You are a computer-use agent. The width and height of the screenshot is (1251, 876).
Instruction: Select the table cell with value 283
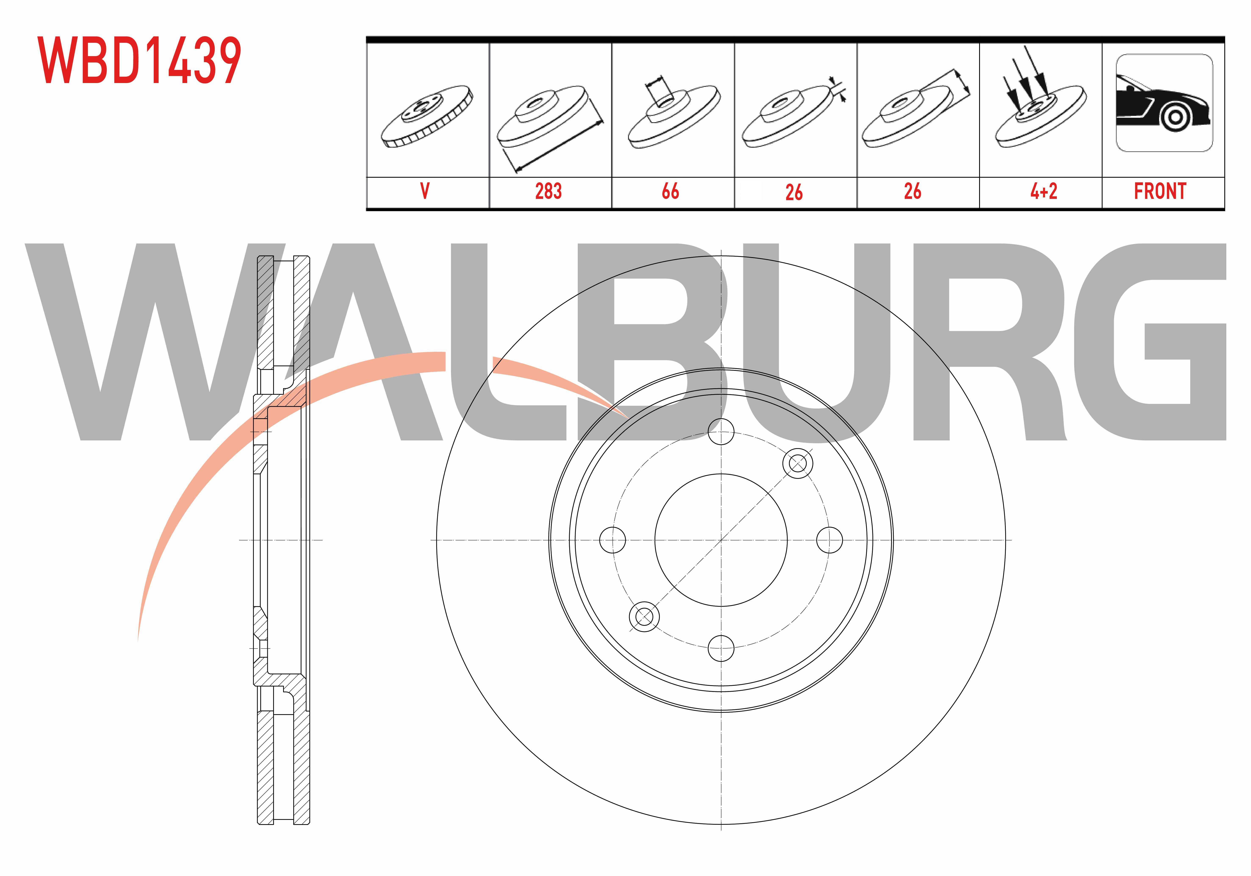point(548,191)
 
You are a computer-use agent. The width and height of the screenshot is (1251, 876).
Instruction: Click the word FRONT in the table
point(1160,191)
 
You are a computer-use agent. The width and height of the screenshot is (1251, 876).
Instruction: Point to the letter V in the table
point(425,191)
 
